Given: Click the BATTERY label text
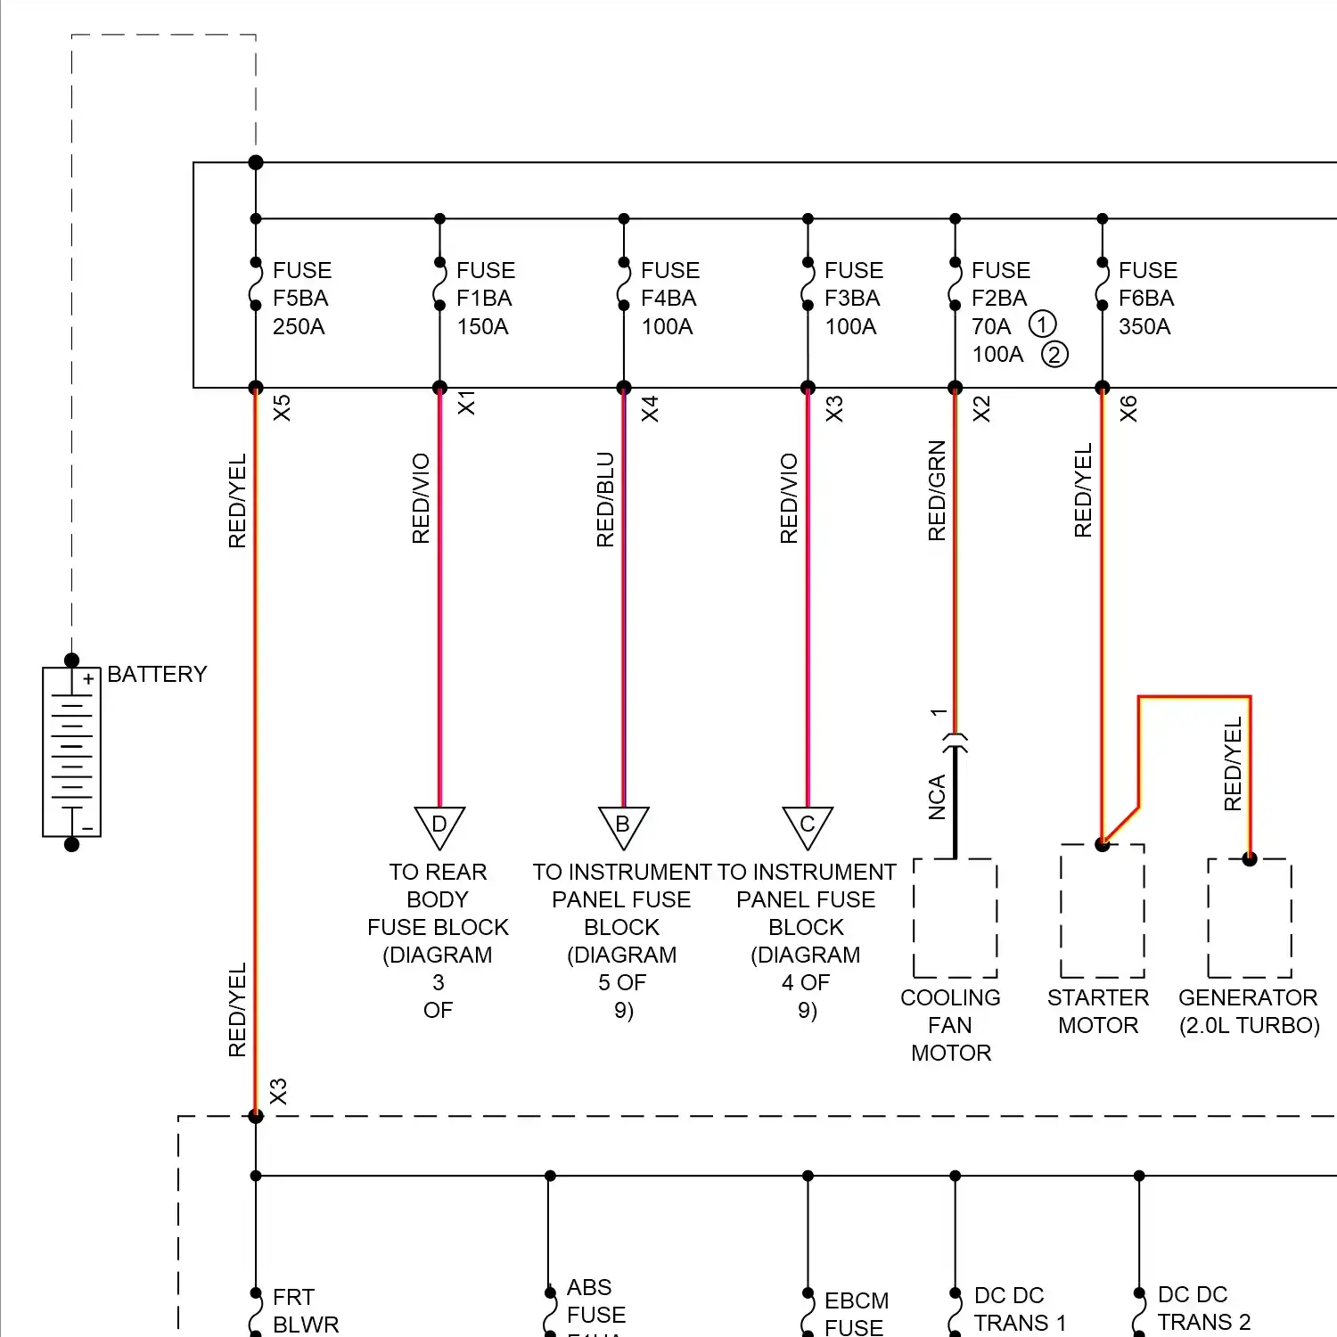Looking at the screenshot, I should [x=157, y=674].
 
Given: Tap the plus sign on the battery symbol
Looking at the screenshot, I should [x=88, y=679].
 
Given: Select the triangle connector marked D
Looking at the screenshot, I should [x=439, y=825].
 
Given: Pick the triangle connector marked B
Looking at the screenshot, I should [x=623, y=825].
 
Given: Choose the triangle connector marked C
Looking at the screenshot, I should [x=808, y=825].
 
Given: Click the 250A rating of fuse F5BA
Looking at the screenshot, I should [x=299, y=327].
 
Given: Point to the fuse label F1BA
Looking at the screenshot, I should [x=484, y=299].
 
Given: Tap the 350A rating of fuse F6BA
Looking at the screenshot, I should [x=1144, y=327].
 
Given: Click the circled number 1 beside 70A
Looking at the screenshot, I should [x=1042, y=324].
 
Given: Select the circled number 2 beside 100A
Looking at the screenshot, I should [x=1054, y=355].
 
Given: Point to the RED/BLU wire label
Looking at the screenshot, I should [x=605, y=499].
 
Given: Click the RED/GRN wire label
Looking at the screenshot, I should [x=937, y=490].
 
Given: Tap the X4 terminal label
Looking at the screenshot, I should [x=650, y=409].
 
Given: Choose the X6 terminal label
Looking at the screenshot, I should [x=1128, y=409].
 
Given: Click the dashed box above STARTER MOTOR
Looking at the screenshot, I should [x=1103, y=911].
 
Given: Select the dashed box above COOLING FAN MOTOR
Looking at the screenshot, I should [x=955, y=918].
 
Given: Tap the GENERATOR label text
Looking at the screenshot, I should [x=1248, y=997].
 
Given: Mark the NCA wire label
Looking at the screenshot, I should [x=937, y=797].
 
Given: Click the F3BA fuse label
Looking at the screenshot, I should [x=852, y=299].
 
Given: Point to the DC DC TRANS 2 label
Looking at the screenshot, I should [x=1203, y=1308].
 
